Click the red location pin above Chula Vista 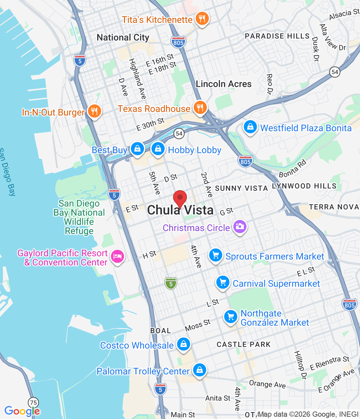tap(180, 198)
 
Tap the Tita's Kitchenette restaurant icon tap(202, 19)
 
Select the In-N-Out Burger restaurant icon tap(94, 111)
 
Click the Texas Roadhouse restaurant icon tap(200, 107)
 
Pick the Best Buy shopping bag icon tap(137, 149)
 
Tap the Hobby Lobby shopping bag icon tap(158, 149)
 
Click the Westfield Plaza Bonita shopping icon tap(250, 127)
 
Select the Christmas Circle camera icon tap(240, 227)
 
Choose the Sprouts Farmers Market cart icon tap(216, 255)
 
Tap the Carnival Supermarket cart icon tap(223, 282)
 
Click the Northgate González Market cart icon tap(231, 317)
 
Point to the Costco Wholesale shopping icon tap(184, 344)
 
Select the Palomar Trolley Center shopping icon tap(199, 370)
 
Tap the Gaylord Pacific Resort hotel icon tap(117, 256)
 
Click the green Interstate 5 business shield tap(171, 283)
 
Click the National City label tap(123, 38)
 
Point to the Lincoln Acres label tap(224, 84)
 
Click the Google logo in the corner tap(22, 411)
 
